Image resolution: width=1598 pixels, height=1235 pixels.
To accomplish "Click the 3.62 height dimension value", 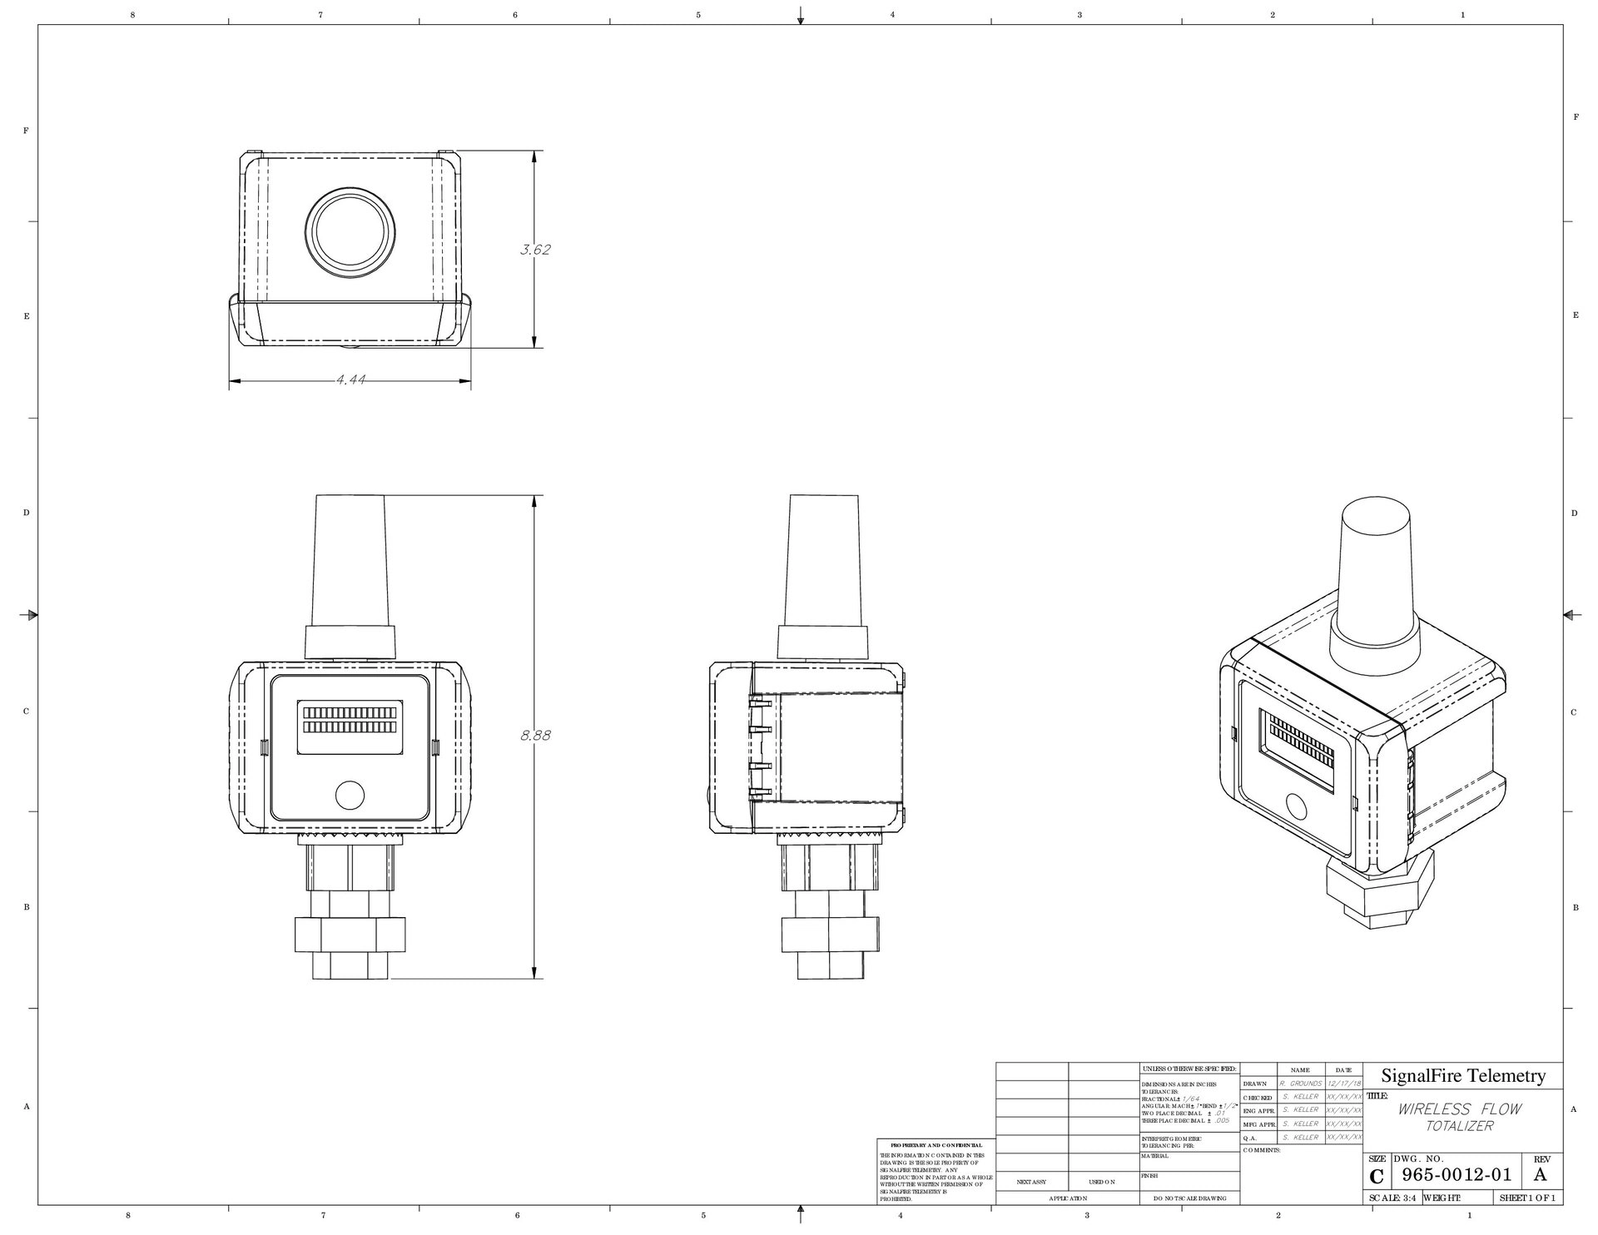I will [x=535, y=250].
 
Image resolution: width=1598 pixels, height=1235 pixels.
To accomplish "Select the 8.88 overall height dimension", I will [x=535, y=736].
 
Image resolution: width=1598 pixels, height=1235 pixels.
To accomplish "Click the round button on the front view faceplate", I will [x=350, y=796].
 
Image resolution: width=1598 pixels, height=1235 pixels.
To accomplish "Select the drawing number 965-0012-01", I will [x=1456, y=1175].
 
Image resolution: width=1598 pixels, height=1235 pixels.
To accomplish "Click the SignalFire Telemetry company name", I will [x=1463, y=1076].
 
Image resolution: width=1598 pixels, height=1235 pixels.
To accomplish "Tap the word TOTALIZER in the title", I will [x=1459, y=1127].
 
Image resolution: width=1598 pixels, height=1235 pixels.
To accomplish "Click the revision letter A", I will [x=1540, y=1175].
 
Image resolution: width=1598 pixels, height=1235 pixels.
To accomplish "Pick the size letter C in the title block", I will [x=1377, y=1177].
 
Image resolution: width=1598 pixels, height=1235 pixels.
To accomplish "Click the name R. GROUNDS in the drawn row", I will [x=1300, y=1084].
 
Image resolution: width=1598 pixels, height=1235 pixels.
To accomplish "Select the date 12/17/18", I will [x=1345, y=1084].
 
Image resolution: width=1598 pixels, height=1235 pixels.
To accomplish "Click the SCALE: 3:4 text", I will [x=1392, y=1198].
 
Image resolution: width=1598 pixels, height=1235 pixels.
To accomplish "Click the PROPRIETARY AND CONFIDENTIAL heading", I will [x=935, y=1145].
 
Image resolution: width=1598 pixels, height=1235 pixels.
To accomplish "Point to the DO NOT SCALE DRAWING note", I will [x=1189, y=1198].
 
